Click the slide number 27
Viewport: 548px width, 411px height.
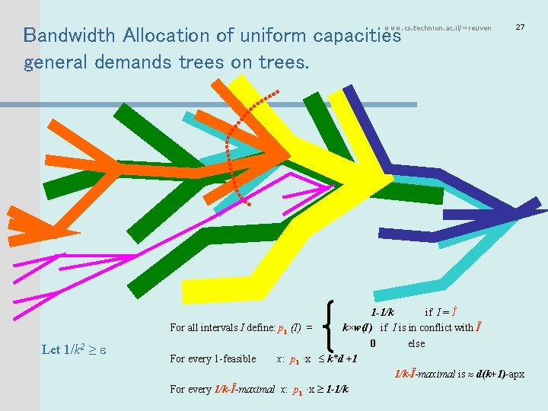pyautogui.click(x=520, y=27)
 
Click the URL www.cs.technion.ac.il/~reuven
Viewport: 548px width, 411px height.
pyautogui.click(x=438, y=28)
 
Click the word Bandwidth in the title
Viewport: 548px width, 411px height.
pyautogui.click(x=68, y=35)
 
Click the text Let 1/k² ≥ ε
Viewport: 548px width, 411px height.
pyautogui.click(x=76, y=349)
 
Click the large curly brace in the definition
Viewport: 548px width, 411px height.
pyautogui.click(x=330, y=327)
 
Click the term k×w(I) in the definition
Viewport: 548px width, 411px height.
pyautogui.click(x=357, y=328)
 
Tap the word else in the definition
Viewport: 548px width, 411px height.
pyautogui.click(x=416, y=343)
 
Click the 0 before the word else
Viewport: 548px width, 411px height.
pyautogui.click(x=373, y=343)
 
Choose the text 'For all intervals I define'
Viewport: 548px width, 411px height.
pyautogui.click(x=221, y=328)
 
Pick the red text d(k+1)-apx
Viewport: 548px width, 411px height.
pyautogui.click(x=500, y=374)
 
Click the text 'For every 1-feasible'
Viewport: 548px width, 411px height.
pyautogui.click(x=212, y=359)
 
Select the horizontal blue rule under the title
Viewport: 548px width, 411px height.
pyautogui.click(x=228, y=104)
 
